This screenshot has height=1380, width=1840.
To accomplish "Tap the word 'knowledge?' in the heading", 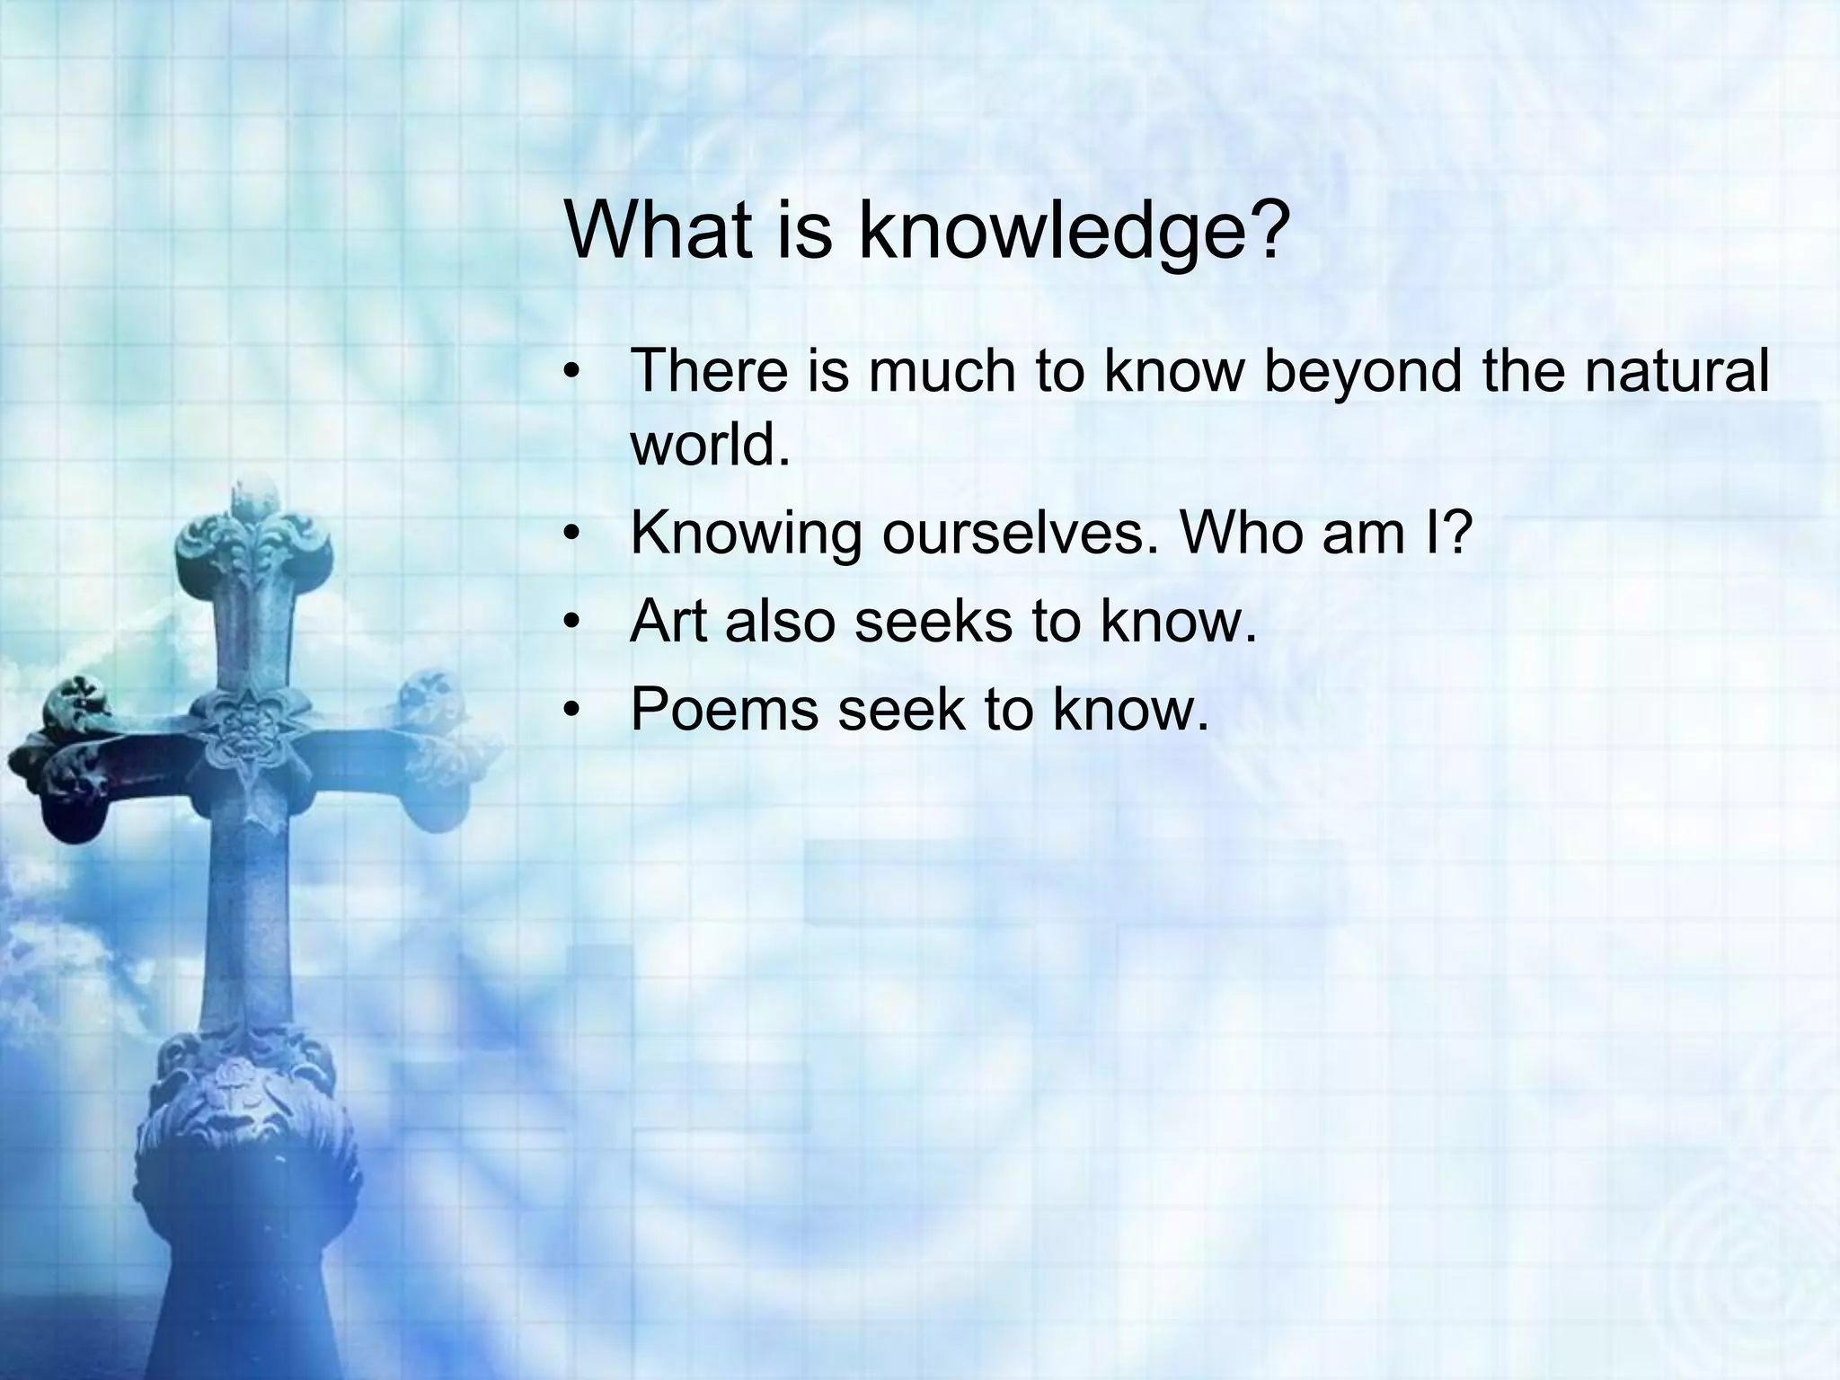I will (1073, 232).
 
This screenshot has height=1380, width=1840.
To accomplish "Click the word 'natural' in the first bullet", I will (1676, 371).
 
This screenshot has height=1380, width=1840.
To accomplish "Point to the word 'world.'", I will (710, 444).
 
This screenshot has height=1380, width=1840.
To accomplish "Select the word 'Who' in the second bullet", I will (1240, 533).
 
